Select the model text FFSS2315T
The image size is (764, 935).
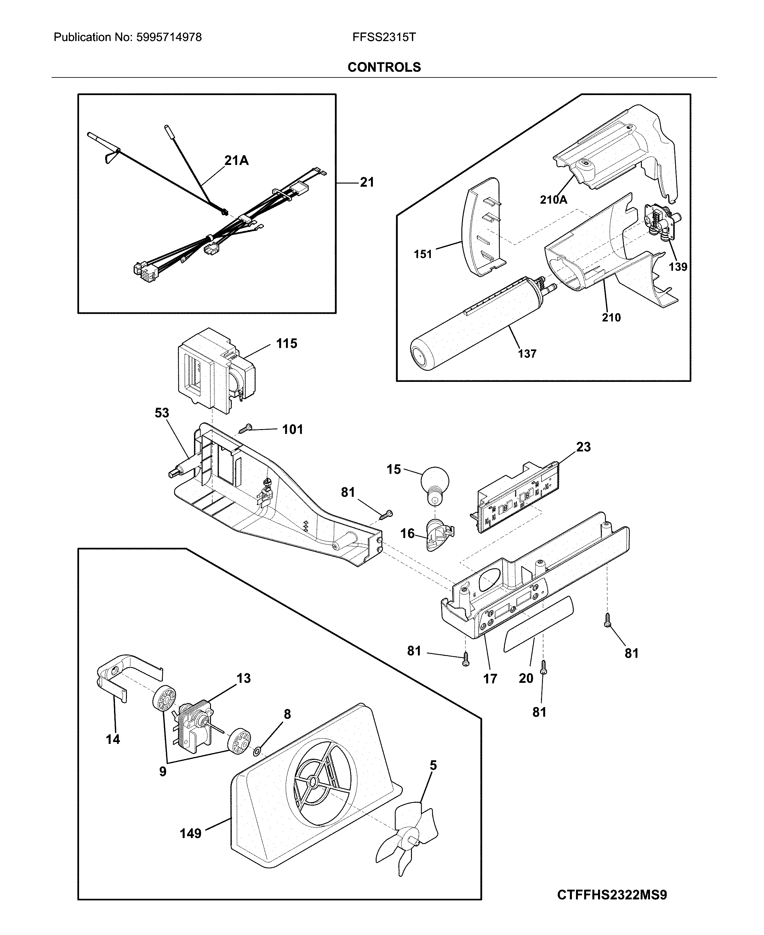coord(384,37)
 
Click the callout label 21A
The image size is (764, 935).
coord(236,161)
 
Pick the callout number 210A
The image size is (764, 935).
coord(553,200)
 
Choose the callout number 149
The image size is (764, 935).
coord(191,833)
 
